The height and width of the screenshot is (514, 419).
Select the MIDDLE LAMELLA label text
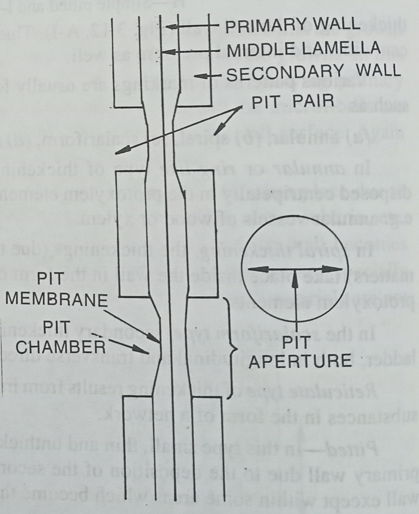coord(303,49)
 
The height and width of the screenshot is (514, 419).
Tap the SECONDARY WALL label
coord(313,73)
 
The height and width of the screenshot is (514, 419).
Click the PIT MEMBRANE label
coord(56,290)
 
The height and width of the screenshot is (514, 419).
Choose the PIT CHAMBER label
coord(61,337)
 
